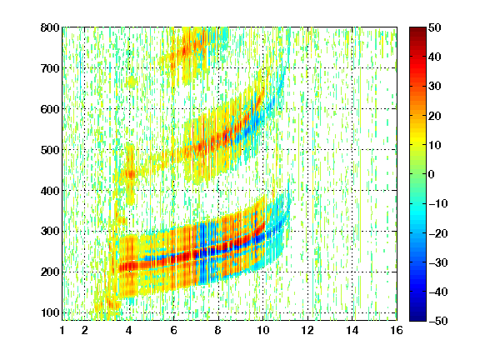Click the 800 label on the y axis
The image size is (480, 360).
[x=50, y=27]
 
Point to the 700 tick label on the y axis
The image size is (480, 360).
[x=50, y=68]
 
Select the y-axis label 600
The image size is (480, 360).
[x=50, y=109]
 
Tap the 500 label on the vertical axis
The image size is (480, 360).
[x=50, y=150]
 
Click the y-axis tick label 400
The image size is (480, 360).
[x=50, y=191]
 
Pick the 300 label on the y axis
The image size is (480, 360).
[x=50, y=231]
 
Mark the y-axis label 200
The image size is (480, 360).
[x=50, y=272]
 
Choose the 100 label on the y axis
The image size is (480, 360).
[x=50, y=312]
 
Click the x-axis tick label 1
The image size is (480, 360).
[x=62, y=330]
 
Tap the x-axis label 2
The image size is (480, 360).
[x=85, y=330]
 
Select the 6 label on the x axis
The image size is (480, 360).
[x=174, y=330]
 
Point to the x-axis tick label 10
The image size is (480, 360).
[x=263, y=330]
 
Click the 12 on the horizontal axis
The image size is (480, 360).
[x=307, y=330]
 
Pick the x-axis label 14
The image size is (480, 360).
[x=352, y=330]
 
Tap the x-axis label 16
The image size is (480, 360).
[x=397, y=330]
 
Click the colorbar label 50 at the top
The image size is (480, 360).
[x=435, y=27]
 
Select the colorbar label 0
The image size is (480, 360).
[x=432, y=174]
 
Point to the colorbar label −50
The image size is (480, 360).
[x=438, y=321]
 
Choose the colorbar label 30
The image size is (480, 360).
[x=435, y=87]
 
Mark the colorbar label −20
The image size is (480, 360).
[x=438, y=233]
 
